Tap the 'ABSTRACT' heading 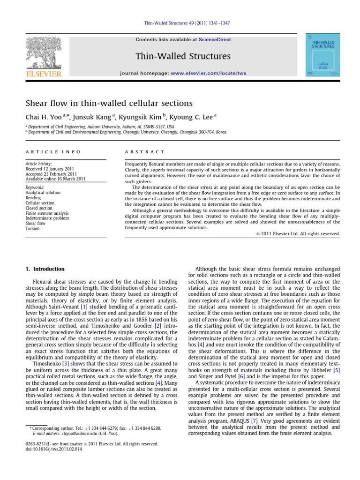pos(145,152)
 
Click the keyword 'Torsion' pos(33,229)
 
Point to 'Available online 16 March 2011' pos(55,179)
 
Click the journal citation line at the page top pos(180,23)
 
